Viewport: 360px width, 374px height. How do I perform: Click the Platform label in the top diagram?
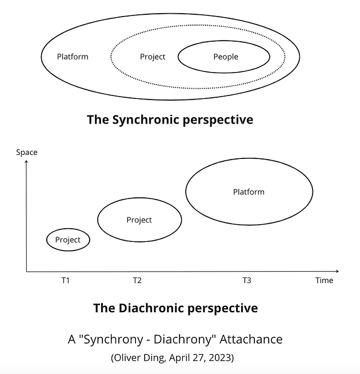pyautogui.click(x=73, y=57)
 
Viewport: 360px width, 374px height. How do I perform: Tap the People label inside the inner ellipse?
pyautogui.click(x=226, y=57)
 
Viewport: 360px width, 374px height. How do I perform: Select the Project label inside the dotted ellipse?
pyautogui.click(x=153, y=57)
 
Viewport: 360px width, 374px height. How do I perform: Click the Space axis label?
pyautogui.click(x=26, y=152)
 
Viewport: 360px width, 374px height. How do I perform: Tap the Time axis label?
pyautogui.click(x=324, y=280)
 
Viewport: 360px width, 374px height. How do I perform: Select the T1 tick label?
pyautogui.click(x=66, y=280)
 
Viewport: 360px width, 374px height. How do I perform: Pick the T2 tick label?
pyautogui.click(x=137, y=280)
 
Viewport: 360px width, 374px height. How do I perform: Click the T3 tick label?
pyautogui.click(x=246, y=280)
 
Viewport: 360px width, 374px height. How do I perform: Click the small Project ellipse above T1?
pyautogui.click(x=68, y=240)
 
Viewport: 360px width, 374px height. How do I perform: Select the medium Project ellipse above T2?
pyautogui.click(x=139, y=220)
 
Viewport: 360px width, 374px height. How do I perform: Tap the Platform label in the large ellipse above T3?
pyautogui.click(x=249, y=192)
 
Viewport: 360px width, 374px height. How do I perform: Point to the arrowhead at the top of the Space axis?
pyautogui.click(x=26, y=163)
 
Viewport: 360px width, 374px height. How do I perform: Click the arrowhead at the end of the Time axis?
pyautogui.click(x=337, y=271)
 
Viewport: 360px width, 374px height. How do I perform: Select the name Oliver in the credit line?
pyautogui.click(x=129, y=357)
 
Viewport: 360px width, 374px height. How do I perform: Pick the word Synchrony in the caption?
pyautogui.click(x=112, y=339)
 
